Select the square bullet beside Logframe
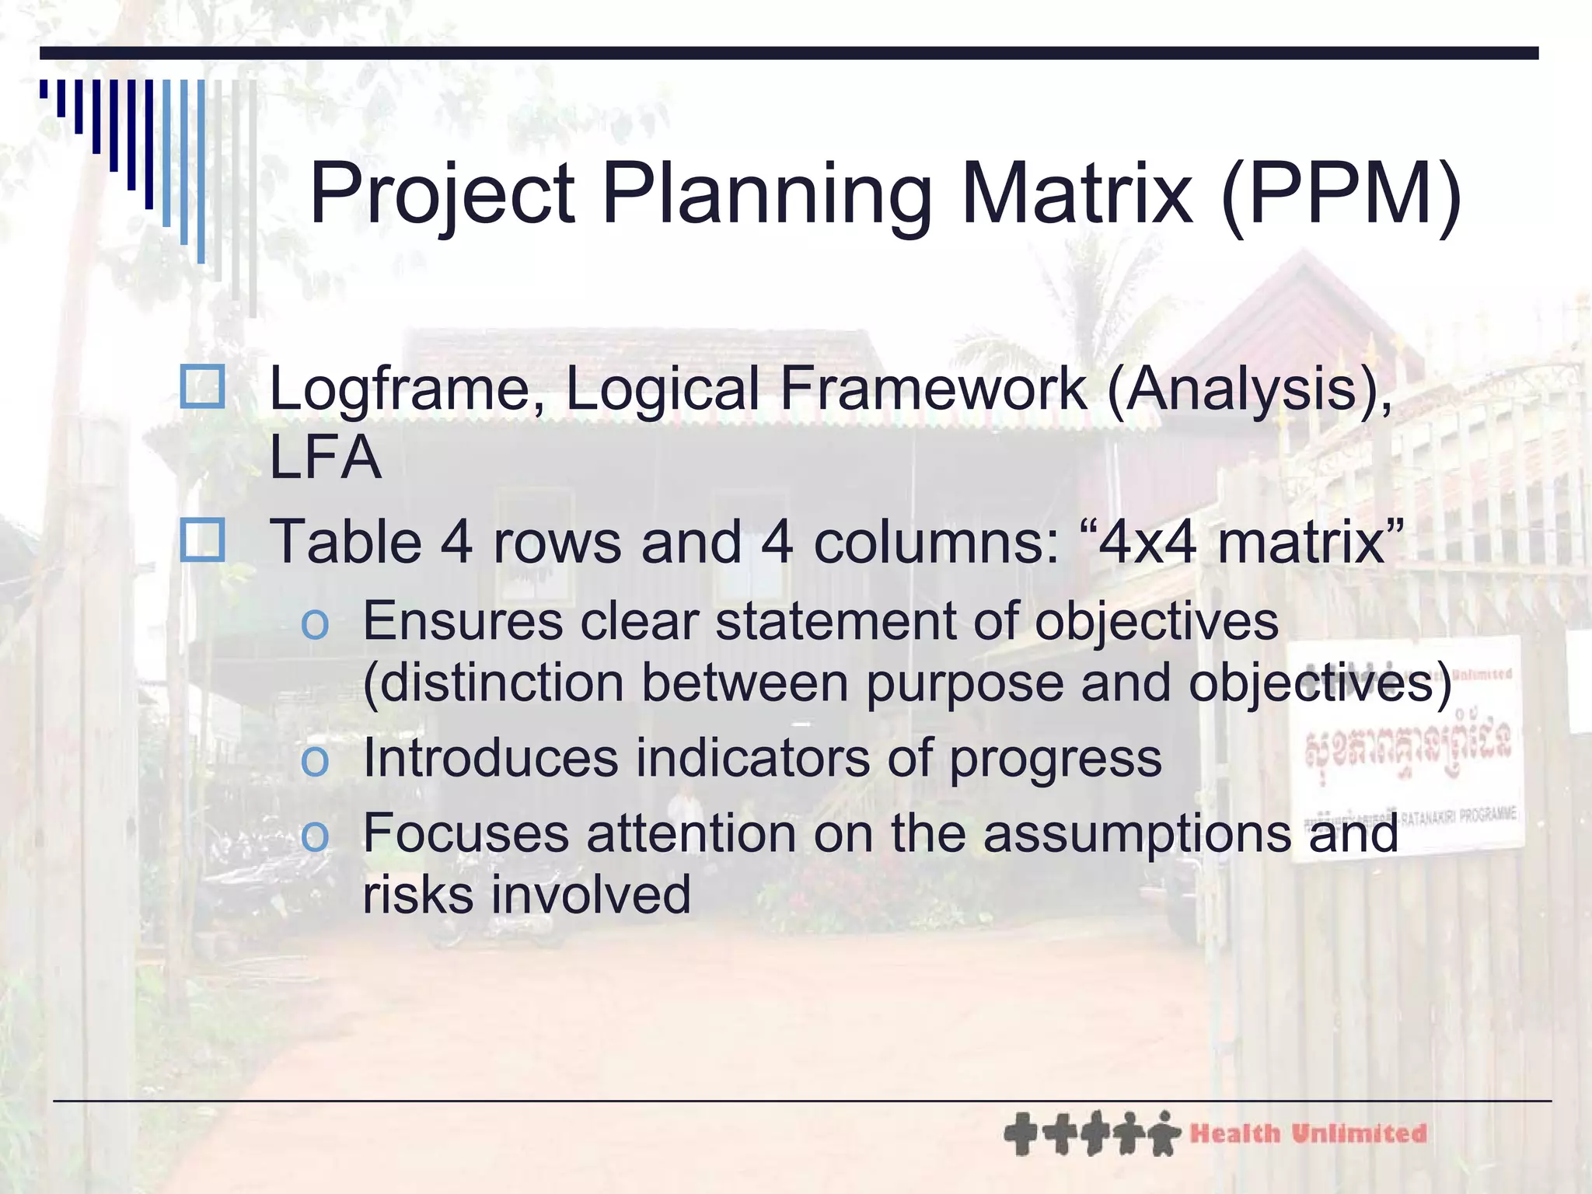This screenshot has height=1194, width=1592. point(202,387)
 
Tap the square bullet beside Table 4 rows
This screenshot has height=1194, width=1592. point(202,540)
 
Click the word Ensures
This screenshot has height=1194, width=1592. point(463,621)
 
